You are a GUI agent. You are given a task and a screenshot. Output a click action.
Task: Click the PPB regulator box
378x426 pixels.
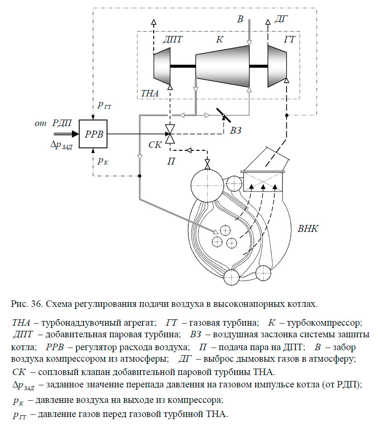point(92,134)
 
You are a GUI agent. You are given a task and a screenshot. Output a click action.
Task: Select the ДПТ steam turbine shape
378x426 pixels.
point(162,65)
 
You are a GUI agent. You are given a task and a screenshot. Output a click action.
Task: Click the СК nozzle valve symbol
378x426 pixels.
point(170,134)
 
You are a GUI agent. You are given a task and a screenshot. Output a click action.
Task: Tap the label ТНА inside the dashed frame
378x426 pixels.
point(149,93)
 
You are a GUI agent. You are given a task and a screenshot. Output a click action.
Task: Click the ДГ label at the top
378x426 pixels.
point(281,18)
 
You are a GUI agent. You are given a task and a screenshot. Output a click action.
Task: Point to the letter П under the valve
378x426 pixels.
point(170,162)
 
